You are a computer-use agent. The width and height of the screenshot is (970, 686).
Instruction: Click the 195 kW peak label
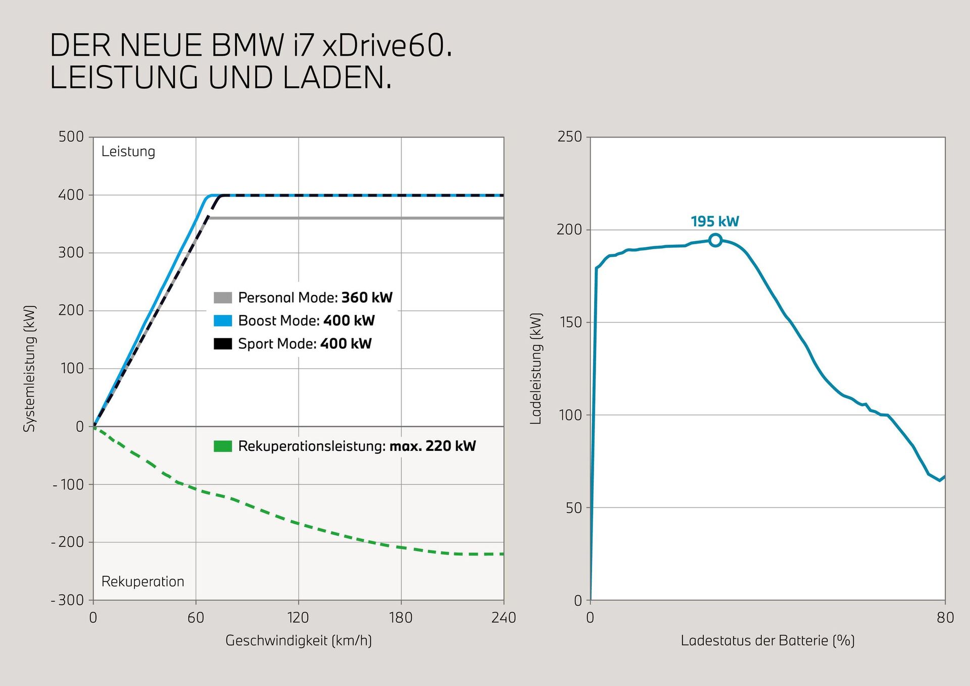coord(714,221)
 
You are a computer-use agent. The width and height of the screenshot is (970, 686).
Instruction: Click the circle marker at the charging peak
coord(715,240)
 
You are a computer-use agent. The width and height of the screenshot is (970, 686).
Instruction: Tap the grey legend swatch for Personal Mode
coord(222,297)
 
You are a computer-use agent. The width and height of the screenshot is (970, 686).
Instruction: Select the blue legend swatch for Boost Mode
coord(222,321)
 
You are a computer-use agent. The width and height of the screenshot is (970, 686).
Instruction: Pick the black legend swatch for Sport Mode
coord(222,344)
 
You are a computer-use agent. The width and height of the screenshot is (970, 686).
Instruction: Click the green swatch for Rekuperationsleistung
coord(222,446)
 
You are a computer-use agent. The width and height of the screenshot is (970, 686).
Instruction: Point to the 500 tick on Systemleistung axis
coord(71,136)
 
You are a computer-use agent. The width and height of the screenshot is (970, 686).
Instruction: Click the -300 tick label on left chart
coord(68,600)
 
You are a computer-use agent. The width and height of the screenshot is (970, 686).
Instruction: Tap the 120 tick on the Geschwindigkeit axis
coord(298,617)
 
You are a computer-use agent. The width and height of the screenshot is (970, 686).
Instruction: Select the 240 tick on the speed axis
coord(503,617)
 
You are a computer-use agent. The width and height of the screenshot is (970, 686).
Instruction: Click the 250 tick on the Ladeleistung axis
coord(570,136)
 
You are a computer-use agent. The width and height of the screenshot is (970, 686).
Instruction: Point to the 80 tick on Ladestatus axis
coord(945,617)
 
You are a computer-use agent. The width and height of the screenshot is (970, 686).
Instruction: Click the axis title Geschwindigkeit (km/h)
coord(298,641)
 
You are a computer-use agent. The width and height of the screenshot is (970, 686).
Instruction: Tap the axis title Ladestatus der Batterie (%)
coord(767,641)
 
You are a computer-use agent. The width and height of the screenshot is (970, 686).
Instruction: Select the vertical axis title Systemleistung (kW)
coord(30,368)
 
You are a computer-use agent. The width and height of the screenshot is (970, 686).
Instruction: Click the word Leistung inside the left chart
coord(128,152)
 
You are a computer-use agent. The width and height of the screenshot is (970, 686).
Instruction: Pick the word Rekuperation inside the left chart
coord(142,581)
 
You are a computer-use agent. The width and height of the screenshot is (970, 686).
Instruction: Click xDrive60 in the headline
coord(386,45)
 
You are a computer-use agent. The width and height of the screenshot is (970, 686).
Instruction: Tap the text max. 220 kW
coord(432,446)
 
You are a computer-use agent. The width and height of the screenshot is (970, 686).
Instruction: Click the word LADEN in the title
coord(336,78)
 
